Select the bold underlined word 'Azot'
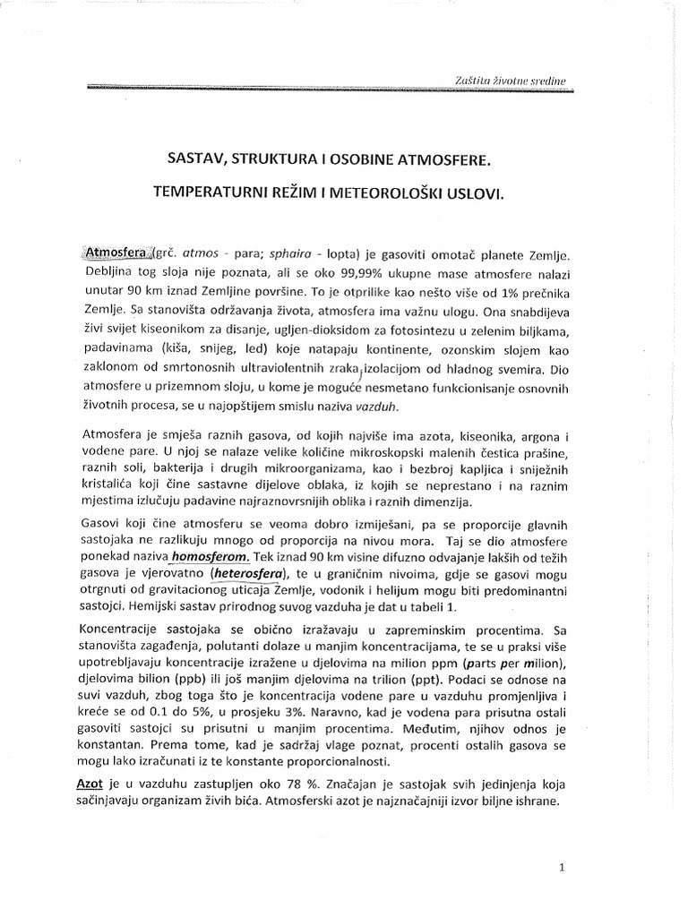tap(93, 783)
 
